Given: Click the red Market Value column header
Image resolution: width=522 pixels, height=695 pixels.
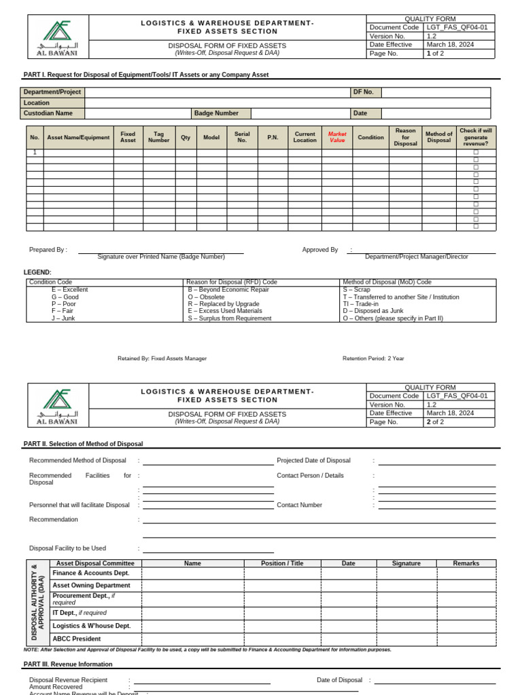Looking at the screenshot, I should pyautogui.click(x=337, y=137).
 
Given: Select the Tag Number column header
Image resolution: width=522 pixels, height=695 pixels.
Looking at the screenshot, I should pyautogui.click(x=159, y=137).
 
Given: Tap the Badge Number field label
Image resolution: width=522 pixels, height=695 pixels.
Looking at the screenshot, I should pyautogui.click(x=216, y=113).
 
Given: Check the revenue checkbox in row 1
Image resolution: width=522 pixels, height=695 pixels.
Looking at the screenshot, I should pyautogui.click(x=476, y=153).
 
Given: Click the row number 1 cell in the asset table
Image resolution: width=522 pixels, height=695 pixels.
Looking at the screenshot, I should pyautogui.click(x=35, y=153).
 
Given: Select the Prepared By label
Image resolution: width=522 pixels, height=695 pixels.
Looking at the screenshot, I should pyautogui.click(x=48, y=250).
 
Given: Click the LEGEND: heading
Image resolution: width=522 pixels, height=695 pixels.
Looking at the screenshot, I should pyautogui.click(x=37, y=272).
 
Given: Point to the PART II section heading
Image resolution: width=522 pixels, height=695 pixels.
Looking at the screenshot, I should pyautogui.click(x=83, y=444).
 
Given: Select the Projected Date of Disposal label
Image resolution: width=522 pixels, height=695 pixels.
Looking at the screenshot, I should pyautogui.click(x=313, y=460).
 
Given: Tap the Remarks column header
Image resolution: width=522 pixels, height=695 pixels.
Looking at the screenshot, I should pyautogui.click(x=466, y=563).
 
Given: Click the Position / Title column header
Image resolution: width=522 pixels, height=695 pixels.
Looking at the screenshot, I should pyautogui.click(x=282, y=563).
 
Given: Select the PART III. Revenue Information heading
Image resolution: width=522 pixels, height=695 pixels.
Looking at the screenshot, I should pyautogui.click(x=68, y=664).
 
